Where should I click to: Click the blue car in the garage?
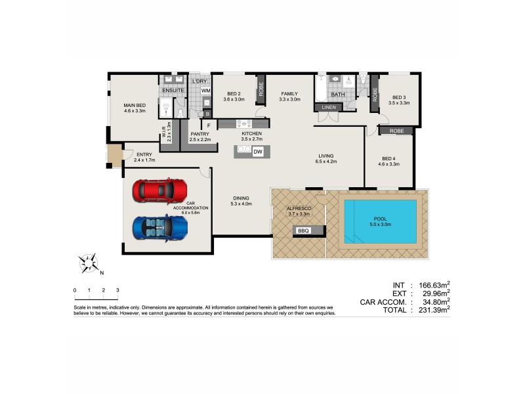[160, 227]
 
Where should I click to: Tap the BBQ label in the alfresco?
[303, 231]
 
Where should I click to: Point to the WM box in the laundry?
[205, 91]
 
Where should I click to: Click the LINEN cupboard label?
[329, 107]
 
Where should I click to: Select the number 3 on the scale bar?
[117, 290]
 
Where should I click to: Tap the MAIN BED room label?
[134, 105]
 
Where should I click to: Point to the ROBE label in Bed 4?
[396, 131]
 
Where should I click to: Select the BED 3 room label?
[399, 97]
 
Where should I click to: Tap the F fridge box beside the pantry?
[209, 125]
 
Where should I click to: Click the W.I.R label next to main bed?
[163, 131]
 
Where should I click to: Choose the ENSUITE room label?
[173, 90]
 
